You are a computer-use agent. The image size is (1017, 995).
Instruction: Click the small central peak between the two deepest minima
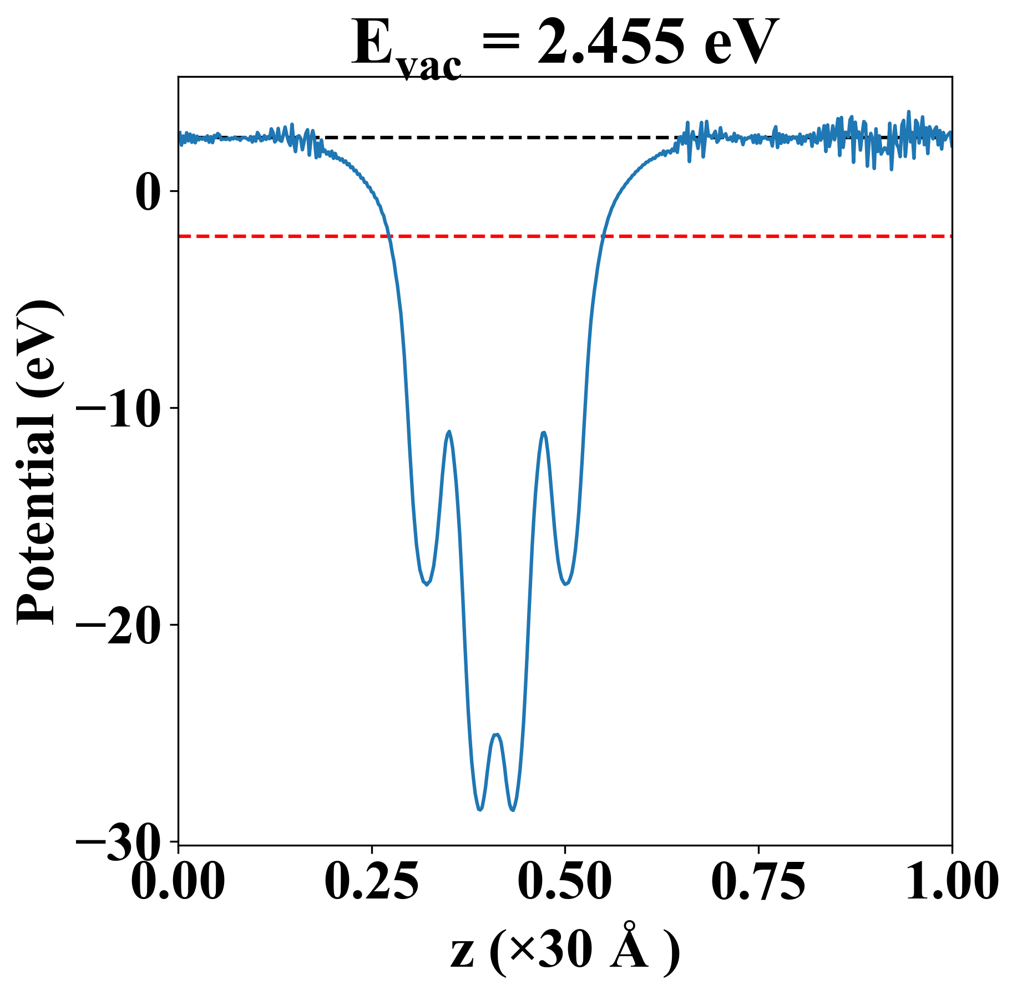[497, 735]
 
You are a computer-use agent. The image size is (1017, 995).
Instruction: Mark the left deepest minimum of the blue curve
[480, 809]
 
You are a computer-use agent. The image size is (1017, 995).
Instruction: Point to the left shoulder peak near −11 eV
[449, 431]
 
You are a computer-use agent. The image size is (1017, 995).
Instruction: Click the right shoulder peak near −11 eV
[544, 432]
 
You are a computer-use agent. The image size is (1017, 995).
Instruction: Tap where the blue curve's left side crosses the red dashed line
[389, 236]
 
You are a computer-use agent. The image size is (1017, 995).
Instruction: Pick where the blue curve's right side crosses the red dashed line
[603, 236]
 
